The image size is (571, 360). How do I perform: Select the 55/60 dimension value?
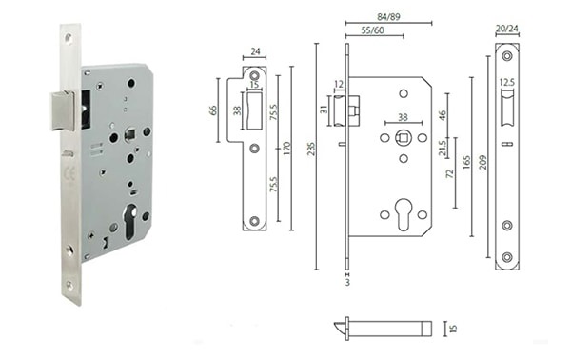click(x=373, y=30)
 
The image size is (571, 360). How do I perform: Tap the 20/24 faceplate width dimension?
click(x=506, y=30)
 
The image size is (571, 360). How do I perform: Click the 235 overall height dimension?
click(x=309, y=156)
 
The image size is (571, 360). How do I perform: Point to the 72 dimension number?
click(x=448, y=175)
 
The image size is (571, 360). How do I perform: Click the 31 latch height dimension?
click(x=324, y=110)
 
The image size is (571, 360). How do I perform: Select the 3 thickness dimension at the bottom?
click(x=347, y=284)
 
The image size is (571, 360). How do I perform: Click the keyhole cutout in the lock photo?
click(x=131, y=218)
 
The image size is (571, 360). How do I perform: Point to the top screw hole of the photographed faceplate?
click(x=68, y=38)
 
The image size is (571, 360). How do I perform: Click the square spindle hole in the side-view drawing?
click(x=404, y=138)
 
